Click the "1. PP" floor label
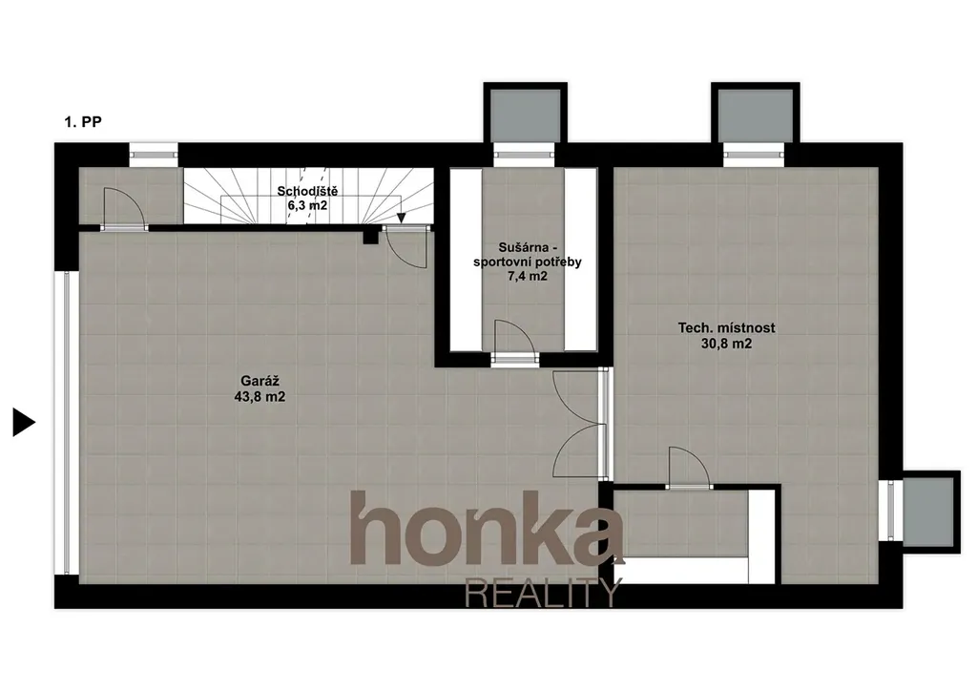point(83,121)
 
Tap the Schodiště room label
point(307,191)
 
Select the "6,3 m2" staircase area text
point(307,205)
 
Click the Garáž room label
point(260,382)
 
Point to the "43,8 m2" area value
point(260,397)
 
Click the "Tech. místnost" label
point(726,327)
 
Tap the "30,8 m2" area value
point(726,344)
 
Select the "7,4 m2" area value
point(527,277)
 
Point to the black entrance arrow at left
point(24,423)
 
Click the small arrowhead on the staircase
point(402,218)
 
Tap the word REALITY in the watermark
point(543,593)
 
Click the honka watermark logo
point(487,529)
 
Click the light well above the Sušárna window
point(526,115)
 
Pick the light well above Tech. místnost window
point(755,115)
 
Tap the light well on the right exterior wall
point(928,512)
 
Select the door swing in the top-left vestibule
point(124,209)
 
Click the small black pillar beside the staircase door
point(371,236)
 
